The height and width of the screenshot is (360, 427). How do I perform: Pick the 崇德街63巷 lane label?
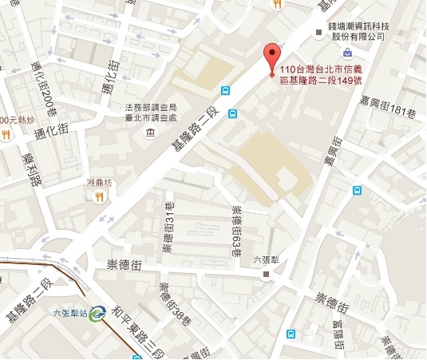point(236,229)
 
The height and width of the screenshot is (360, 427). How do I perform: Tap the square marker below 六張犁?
point(267,274)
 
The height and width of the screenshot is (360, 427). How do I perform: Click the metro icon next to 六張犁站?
point(97,314)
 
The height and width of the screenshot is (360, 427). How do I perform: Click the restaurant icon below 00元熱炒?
point(6,135)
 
